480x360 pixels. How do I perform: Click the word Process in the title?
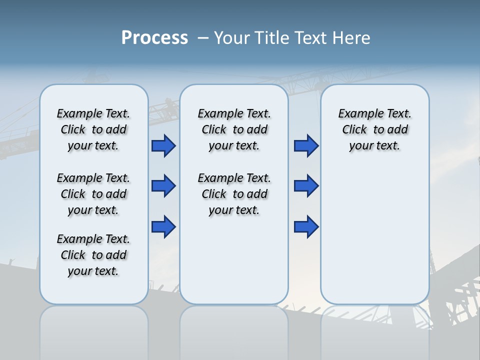154,38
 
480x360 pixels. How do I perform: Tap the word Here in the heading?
349,38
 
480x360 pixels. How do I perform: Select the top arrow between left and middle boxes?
163,145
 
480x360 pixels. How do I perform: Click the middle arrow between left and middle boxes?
163,186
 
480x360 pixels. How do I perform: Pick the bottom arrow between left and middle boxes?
163,226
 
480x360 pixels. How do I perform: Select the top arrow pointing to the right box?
306,145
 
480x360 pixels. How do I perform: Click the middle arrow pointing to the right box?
306,186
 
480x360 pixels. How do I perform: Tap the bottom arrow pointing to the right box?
306,226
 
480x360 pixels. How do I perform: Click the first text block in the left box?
93,129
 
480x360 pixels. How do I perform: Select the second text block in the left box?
93,194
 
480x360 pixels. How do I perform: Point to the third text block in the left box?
93,255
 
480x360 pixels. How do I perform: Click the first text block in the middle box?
234,129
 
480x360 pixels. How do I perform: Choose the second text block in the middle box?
234,194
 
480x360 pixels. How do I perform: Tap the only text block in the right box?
374,129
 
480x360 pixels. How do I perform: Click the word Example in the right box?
357,114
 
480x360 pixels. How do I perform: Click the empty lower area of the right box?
374,235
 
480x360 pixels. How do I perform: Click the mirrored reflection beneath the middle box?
234,330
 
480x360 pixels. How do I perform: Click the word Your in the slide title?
231,38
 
